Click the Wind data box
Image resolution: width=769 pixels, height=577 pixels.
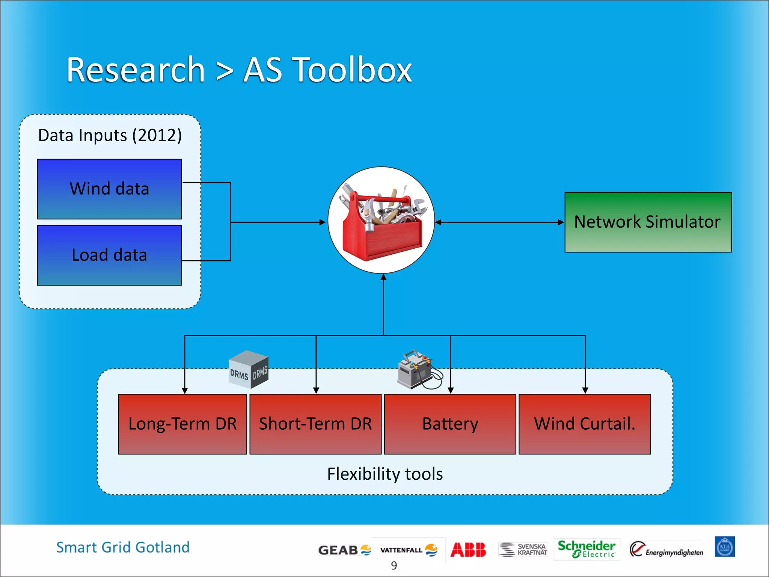coord(109,189)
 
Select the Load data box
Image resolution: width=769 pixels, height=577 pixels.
coord(109,255)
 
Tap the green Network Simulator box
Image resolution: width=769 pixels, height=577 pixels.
coord(648,222)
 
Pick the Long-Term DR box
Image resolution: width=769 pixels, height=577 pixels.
coord(182,424)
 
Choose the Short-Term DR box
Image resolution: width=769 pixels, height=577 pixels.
coord(315,424)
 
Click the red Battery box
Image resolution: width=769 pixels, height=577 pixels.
coord(450,424)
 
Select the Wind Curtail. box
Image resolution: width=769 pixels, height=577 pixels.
coord(584,424)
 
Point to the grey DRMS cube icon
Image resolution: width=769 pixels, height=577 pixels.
coord(249,369)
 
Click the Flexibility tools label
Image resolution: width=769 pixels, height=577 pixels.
coord(385,474)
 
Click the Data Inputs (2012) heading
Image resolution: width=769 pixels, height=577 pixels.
coord(110,135)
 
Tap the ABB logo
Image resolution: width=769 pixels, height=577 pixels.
coord(468,550)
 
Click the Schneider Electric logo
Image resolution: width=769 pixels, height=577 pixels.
coord(586,549)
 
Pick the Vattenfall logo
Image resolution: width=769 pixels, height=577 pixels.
coord(409,550)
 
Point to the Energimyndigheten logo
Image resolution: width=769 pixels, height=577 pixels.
coord(666,550)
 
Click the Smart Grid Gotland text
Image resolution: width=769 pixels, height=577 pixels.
coord(123,547)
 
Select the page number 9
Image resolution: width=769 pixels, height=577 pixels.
coord(394,565)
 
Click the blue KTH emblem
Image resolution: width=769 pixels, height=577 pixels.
coord(724,547)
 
